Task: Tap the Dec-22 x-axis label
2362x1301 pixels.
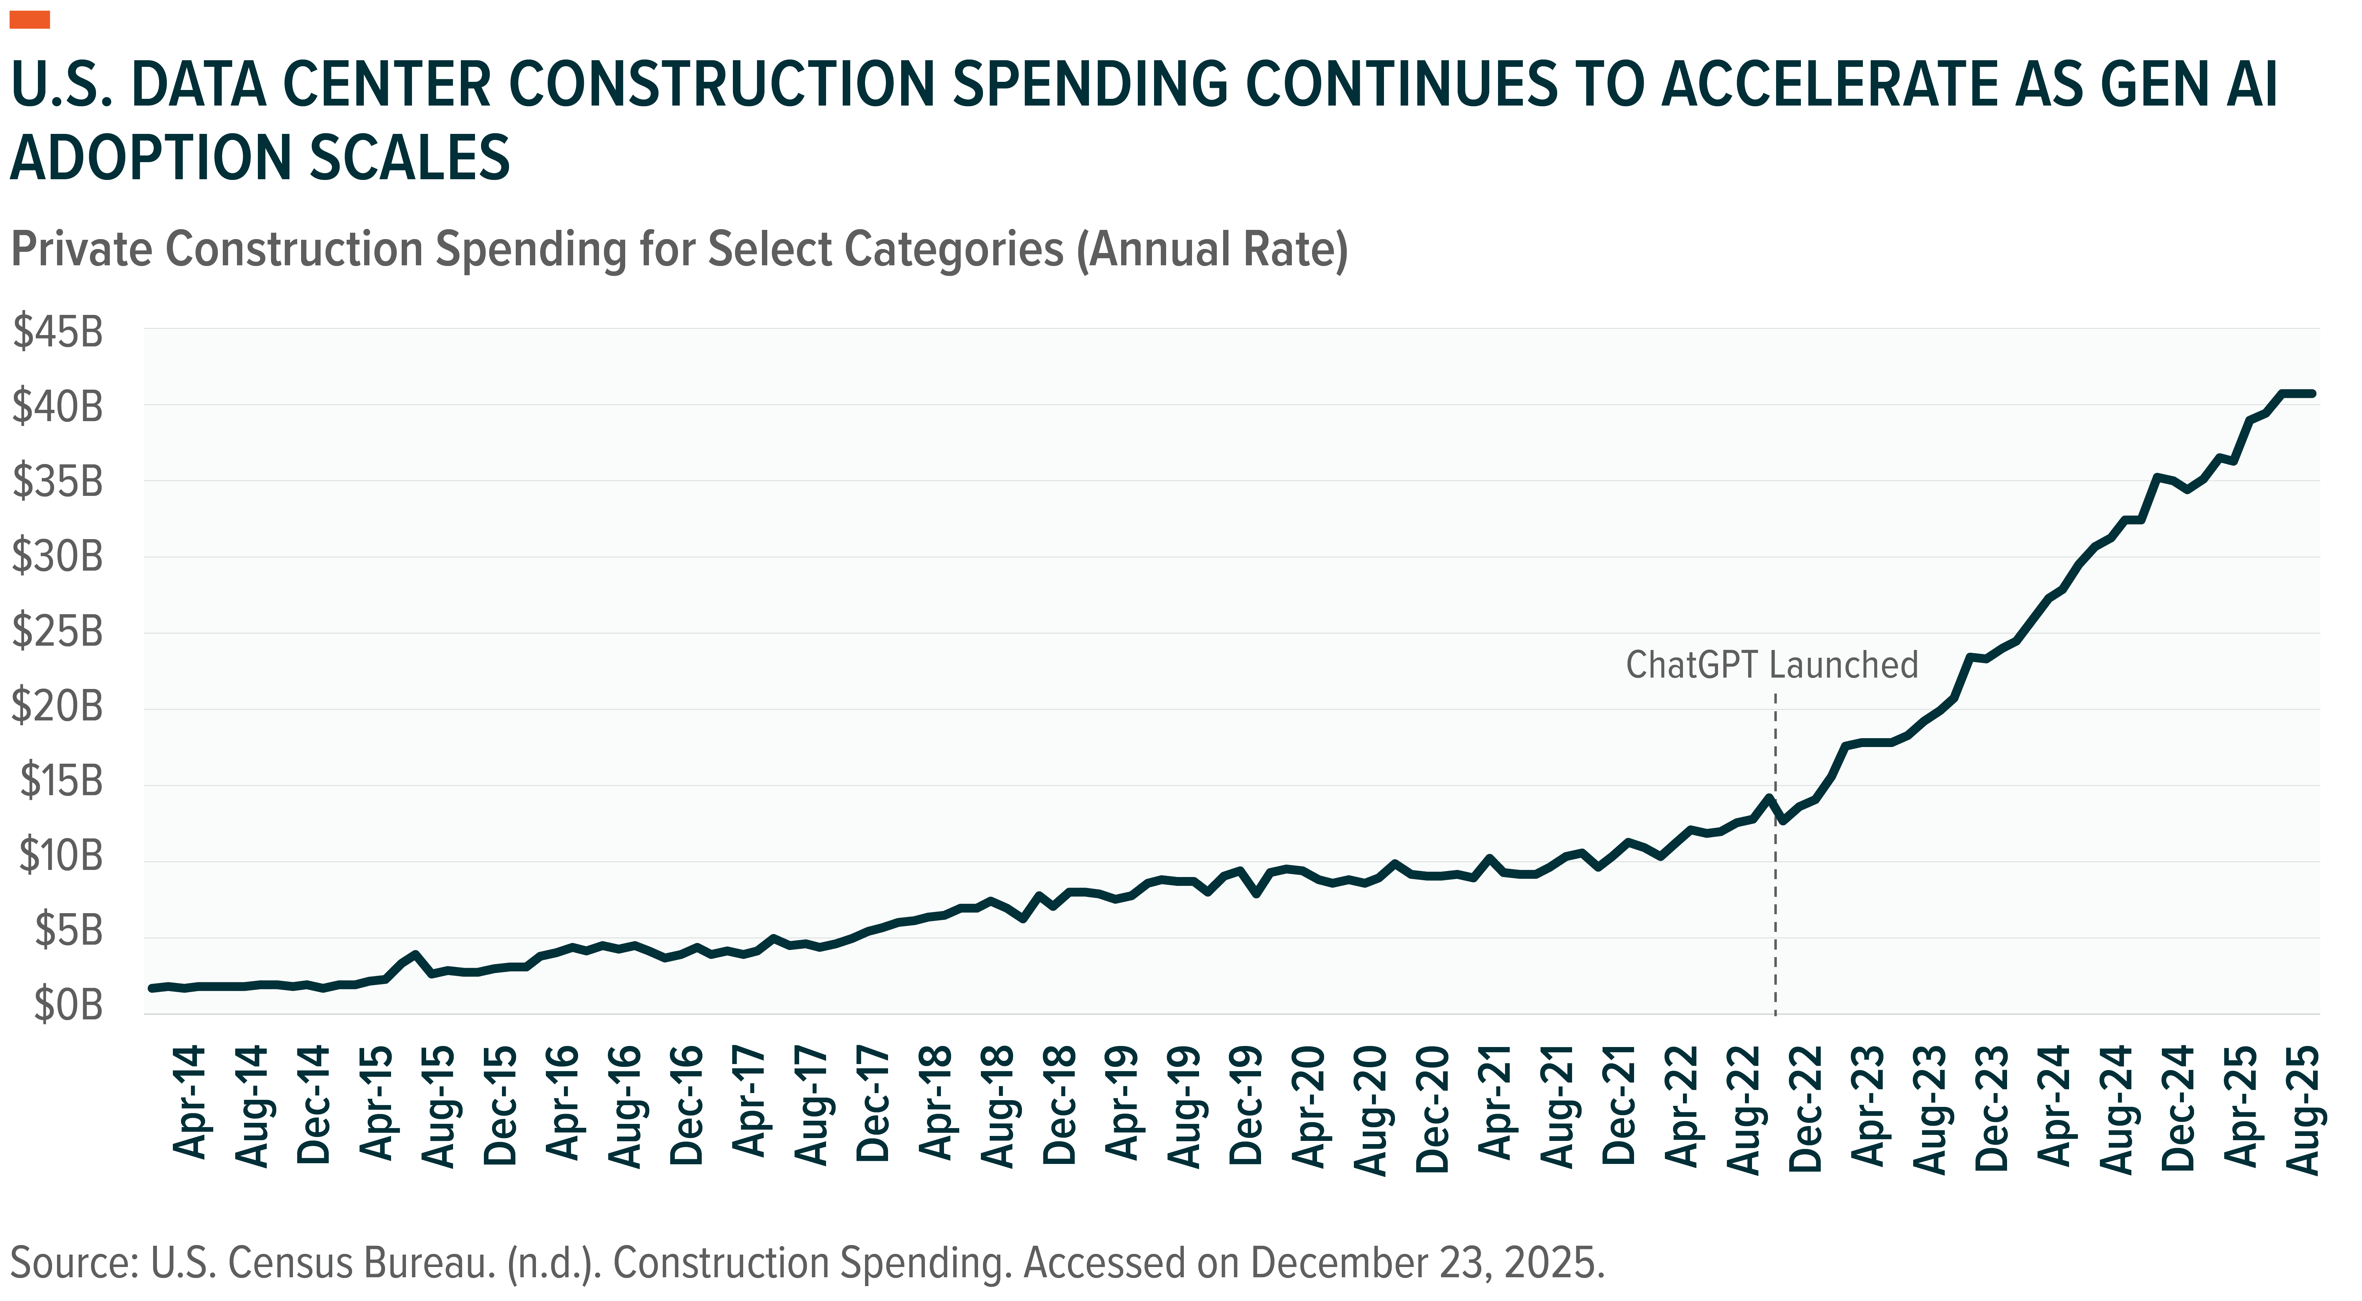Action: tap(1804, 1108)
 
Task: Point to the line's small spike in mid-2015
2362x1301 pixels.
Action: tap(416, 955)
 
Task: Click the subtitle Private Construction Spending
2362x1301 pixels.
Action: tap(678, 250)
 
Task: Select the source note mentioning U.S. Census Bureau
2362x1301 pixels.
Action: tap(807, 1263)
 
